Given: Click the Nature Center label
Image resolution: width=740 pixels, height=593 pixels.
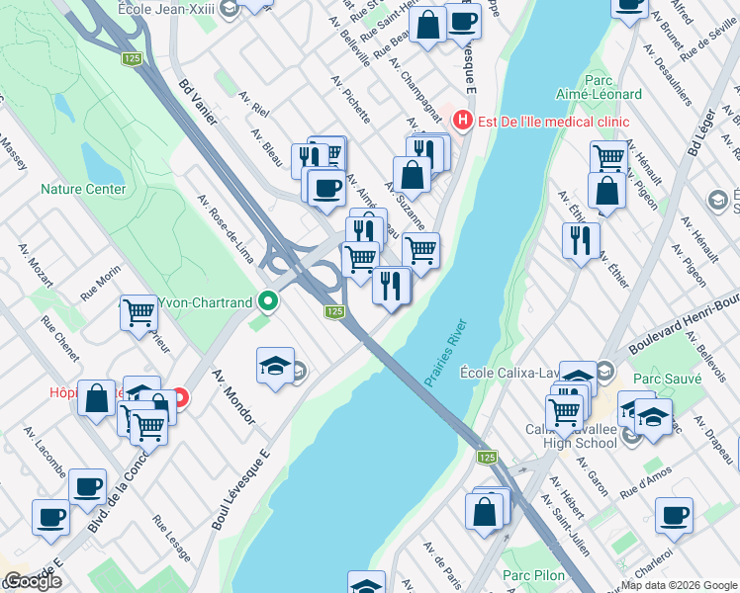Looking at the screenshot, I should coord(83,189).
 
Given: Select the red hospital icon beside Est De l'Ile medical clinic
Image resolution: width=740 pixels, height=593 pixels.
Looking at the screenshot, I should coord(461,122).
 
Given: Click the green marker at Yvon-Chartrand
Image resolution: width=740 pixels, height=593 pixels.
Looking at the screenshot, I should coord(267,299).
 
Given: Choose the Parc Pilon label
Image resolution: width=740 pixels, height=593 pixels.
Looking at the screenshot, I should coord(532,575).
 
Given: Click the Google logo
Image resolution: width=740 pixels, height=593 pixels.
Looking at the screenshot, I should coord(33,581).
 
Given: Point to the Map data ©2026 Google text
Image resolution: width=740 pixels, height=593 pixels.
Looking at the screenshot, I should coord(678,585).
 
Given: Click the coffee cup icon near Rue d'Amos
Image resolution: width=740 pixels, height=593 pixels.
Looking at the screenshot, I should coord(674,514).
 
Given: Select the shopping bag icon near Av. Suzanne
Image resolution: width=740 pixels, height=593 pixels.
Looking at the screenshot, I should coord(413,175).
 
